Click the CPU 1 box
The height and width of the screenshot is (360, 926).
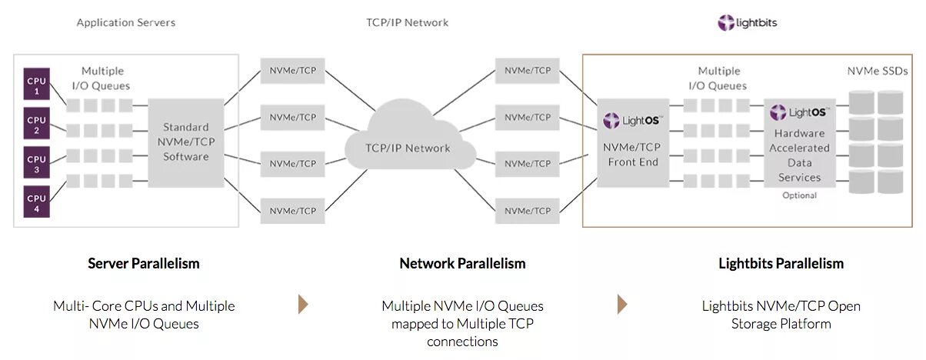click(x=37, y=85)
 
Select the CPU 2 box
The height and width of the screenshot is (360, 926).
click(x=37, y=125)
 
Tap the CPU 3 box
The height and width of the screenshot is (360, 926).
click(x=37, y=164)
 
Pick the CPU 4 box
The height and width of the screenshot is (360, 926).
click(x=37, y=202)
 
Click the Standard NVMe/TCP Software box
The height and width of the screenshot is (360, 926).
click(x=185, y=142)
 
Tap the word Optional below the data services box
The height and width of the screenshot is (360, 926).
click(x=799, y=195)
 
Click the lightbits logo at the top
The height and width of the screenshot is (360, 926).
click(x=748, y=23)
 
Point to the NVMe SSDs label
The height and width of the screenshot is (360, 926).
click(x=878, y=71)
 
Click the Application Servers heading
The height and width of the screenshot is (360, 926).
click(x=126, y=23)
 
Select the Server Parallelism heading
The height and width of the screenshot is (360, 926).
click(x=144, y=264)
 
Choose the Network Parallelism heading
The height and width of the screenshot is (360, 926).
click(x=462, y=264)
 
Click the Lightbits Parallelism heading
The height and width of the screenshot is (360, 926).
click(x=781, y=264)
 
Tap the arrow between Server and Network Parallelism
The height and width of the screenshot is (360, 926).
click(x=303, y=305)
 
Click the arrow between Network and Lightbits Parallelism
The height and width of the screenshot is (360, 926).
click(x=621, y=305)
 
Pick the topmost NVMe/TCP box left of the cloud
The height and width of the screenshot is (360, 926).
click(x=293, y=71)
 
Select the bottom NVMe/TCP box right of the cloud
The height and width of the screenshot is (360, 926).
click(x=528, y=210)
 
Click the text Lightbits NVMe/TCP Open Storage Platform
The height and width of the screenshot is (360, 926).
click(x=781, y=315)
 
